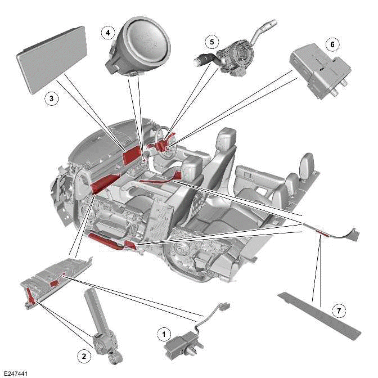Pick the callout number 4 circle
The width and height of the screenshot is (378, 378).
pos(108,33)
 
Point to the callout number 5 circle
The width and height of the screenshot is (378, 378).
pos(211,41)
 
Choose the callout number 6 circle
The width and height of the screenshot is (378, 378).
pos(332,43)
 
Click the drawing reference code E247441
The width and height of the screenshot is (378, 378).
pos(15,373)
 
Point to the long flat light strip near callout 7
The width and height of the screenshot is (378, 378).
pos(318,313)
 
